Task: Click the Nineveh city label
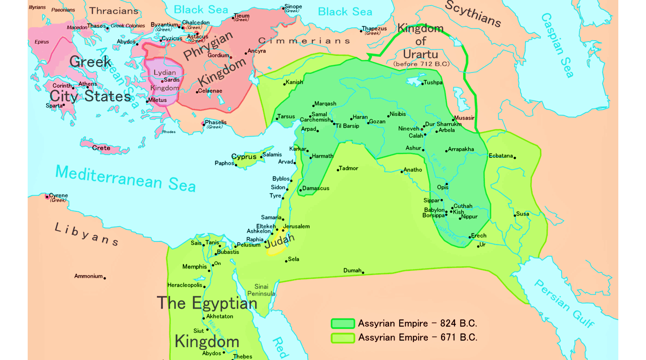click(x=408, y=128)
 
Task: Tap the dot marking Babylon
click(x=446, y=211)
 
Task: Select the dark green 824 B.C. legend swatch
click(x=342, y=324)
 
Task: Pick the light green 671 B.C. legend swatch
click(x=342, y=338)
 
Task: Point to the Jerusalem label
click(x=296, y=227)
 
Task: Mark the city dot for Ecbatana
click(x=514, y=158)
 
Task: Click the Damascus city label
click(x=316, y=188)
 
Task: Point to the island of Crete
click(x=102, y=148)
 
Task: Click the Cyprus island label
click(x=244, y=157)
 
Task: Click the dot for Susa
click(x=514, y=216)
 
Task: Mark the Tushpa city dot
click(x=422, y=84)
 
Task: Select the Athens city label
click(x=88, y=84)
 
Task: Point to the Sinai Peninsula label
click(x=261, y=290)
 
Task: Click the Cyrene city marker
click(x=47, y=197)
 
